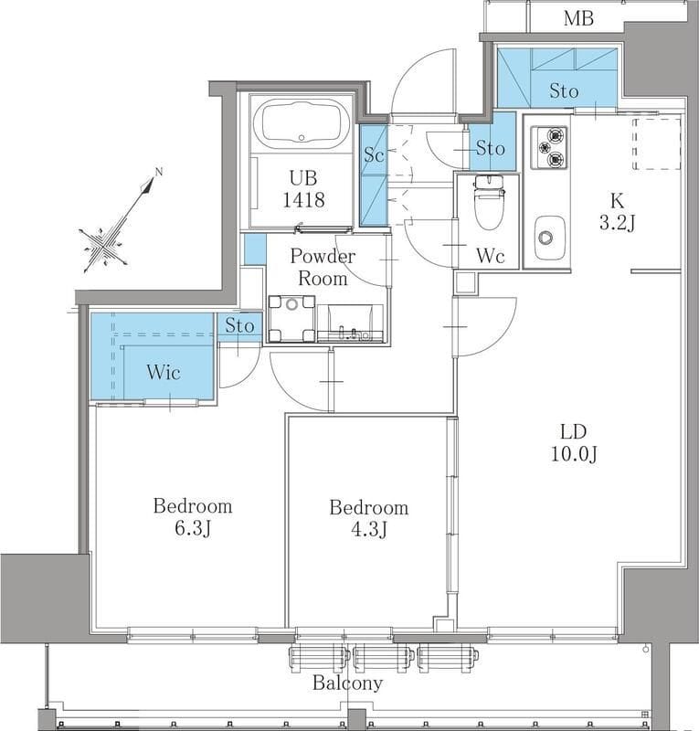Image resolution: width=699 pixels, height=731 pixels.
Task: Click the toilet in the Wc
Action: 488,202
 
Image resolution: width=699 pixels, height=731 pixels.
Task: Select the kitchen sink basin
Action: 547,238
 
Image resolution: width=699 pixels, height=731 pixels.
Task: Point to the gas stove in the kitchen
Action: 550,148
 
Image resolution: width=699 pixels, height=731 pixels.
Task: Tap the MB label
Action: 578,18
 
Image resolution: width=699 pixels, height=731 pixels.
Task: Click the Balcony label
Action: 347,683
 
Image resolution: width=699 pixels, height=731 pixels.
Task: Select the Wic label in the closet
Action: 164,372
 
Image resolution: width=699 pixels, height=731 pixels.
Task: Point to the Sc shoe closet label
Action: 374,154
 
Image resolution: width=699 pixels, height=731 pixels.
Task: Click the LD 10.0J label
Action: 574,443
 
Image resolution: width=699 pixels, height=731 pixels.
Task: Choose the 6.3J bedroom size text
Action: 193,529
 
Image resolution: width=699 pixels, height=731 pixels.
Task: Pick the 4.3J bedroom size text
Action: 368,530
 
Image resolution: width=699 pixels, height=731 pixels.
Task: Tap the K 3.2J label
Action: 617,212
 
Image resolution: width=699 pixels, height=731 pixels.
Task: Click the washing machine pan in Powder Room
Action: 291,319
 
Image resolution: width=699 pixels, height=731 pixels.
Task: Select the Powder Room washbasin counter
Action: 350,323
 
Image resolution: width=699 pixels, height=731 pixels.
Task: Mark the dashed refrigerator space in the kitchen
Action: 657,144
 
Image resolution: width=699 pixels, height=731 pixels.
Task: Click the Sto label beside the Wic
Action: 239,325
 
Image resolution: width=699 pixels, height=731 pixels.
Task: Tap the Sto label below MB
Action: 564,90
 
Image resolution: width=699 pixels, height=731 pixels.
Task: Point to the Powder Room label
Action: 323,267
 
